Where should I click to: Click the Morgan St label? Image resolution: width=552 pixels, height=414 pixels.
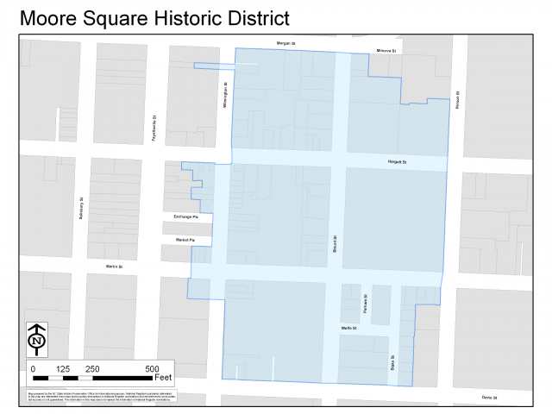click(285, 42)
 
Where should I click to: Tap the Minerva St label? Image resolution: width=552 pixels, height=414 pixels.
click(386, 51)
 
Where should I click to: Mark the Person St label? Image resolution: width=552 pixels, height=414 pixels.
click(457, 101)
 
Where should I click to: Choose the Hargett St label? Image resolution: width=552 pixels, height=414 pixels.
click(397, 161)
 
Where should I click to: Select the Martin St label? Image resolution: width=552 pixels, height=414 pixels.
click(115, 267)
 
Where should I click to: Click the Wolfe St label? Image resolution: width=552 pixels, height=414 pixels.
click(348, 329)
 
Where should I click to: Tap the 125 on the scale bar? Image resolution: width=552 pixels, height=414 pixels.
click(62, 368)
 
